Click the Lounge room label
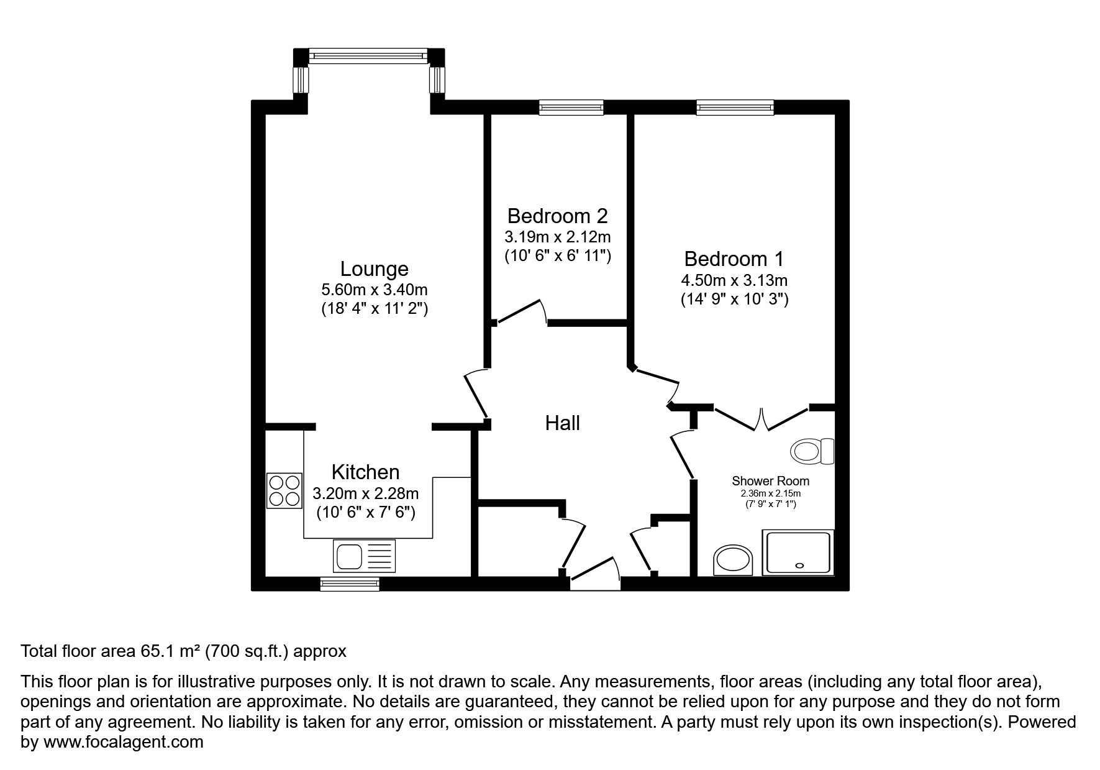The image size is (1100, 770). click(x=374, y=269)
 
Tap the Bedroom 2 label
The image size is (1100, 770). click(x=557, y=216)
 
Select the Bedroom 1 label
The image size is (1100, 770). click(x=734, y=259)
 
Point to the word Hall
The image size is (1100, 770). click(x=562, y=423)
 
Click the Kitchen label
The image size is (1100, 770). click(x=365, y=472)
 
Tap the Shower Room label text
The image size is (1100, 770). click(x=770, y=481)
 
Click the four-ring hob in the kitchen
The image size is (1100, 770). click(x=284, y=490)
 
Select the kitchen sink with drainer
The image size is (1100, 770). click(x=364, y=556)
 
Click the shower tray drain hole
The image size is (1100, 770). click(x=799, y=566)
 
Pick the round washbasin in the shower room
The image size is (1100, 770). click(x=733, y=561)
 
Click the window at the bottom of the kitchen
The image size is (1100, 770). click(x=350, y=584)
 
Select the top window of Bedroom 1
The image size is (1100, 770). click(x=735, y=108)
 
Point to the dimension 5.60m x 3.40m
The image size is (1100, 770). click(x=374, y=290)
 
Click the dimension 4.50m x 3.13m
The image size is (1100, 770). click(x=734, y=280)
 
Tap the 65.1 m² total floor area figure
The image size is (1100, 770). click(x=167, y=651)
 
